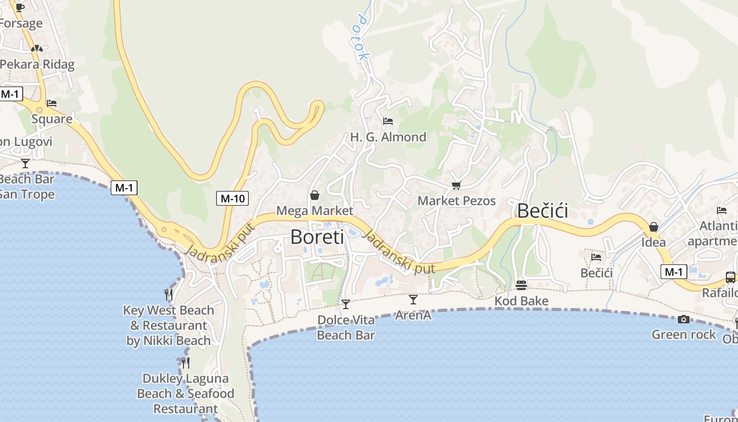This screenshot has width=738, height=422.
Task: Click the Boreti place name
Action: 317,237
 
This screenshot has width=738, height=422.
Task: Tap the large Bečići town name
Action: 542,211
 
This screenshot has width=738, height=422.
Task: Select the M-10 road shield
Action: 232,198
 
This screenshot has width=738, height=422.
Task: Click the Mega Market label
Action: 314,211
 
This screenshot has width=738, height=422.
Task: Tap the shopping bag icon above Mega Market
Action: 315,196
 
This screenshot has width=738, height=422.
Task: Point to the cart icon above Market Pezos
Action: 457,185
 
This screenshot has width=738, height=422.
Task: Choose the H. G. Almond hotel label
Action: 388,137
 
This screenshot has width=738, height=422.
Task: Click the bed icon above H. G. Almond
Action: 388,121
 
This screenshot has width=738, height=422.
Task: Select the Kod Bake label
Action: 521,301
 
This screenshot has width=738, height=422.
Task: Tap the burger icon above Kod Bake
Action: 521,285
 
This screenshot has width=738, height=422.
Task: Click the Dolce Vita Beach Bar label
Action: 346,328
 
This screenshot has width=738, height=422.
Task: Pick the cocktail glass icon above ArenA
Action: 413,300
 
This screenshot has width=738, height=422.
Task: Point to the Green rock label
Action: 684,334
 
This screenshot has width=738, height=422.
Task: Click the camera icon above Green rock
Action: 684,319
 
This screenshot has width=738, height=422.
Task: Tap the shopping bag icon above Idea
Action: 654,227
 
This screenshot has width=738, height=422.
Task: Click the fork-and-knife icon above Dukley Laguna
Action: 186,363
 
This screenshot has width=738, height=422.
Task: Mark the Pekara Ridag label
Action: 37,65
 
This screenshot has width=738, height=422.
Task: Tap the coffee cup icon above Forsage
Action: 20,7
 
